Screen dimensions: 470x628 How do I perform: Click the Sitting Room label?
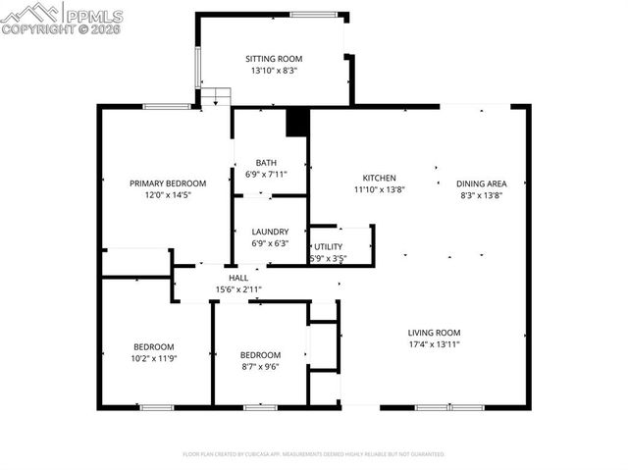click(x=271, y=59)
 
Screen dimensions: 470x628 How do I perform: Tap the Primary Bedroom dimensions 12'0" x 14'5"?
click(x=168, y=195)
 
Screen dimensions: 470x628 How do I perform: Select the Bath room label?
click(x=266, y=163)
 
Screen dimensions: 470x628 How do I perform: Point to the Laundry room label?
click(x=270, y=232)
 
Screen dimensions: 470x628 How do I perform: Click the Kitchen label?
click(x=379, y=178)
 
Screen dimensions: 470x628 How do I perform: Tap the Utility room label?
click(x=328, y=247)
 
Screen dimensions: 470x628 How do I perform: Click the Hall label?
click(x=238, y=279)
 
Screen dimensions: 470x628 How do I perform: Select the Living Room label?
click(x=434, y=333)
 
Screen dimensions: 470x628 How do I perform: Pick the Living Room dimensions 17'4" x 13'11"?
click(x=434, y=344)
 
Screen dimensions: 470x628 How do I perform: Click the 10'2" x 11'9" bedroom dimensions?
click(x=154, y=358)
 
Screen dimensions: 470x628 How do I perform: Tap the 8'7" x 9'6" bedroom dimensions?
click(x=260, y=367)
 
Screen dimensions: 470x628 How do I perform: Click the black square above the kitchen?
click(x=296, y=123)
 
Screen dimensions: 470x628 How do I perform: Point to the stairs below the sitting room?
click(x=216, y=96)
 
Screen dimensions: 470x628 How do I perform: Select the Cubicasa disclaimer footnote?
click(x=314, y=454)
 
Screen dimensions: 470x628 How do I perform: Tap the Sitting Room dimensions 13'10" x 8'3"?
click(x=271, y=71)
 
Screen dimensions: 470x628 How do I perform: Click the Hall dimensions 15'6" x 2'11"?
click(x=238, y=290)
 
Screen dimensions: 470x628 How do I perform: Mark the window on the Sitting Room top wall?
click(x=313, y=14)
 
